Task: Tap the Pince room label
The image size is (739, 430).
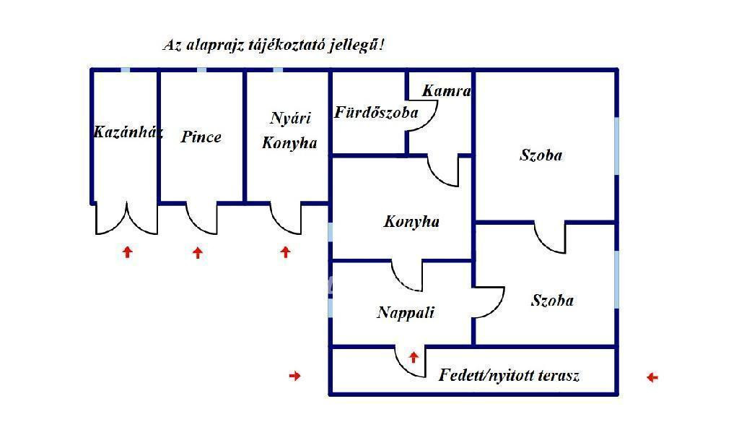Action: pyautogui.click(x=201, y=137)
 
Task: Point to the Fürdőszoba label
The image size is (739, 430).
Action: pyautogui.click(x=376, y=113)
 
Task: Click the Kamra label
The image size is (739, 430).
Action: pyautogui.click(x=447, y=91)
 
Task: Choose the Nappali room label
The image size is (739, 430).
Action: pyautogui.click(x=406, y=312)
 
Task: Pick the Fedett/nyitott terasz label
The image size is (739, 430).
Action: pyautogui.click(x=510, y=376)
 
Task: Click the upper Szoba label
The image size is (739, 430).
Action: pyautogui.click(x=541, y=155)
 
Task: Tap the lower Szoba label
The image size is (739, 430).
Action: pyautogui.click(x=552, y=301)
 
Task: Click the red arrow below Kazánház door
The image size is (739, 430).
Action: pyautogui.click(x=128, y=252)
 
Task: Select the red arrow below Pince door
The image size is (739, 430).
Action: pyautogui.click(x=198, y=252)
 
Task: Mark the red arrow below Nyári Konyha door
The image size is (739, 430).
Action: pyautogui.click(x=285, y=252)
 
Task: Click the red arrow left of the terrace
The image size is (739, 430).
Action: pyautogui.click(x=294, y=376)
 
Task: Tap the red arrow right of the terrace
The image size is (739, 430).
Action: pyautogui.click(x=652, y=377)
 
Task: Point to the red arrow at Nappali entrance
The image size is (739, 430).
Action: pyautogui.click(x=414, y=356)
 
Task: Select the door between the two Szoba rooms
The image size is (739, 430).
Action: pyautogui.click(x=550, y=237)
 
